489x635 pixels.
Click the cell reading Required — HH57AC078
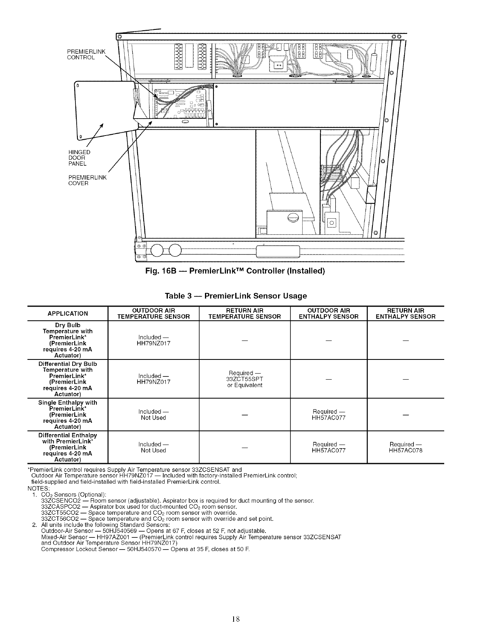point(405,447)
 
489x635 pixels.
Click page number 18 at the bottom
point(236,618)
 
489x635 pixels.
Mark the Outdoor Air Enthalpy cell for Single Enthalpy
point(328,414)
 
